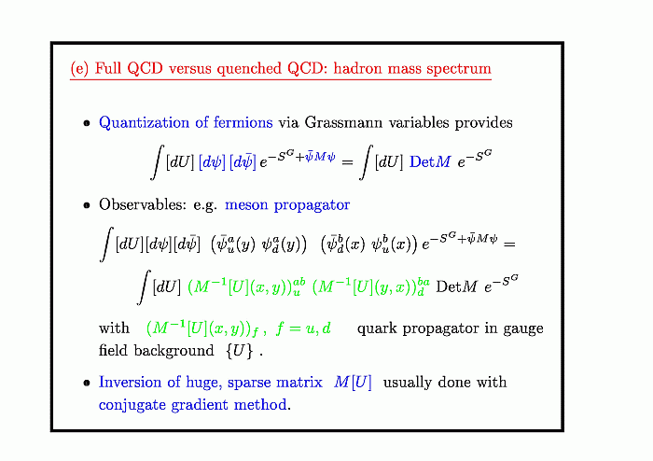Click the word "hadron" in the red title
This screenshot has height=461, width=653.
(357, 68)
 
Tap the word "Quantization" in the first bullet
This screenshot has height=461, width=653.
(144, 122)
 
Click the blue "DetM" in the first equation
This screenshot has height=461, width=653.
(430, 161)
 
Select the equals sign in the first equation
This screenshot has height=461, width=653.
(347, 162)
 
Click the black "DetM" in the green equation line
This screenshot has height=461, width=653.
(456, 286)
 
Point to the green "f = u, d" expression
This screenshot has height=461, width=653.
(303, 328)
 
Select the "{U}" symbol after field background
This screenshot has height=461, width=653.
(239, 351)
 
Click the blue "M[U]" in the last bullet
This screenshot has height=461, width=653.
(353, 382)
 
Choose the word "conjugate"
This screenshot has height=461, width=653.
(132, 405)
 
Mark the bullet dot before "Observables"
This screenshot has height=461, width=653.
(87, 205)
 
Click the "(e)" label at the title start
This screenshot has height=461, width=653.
(79, 68)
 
